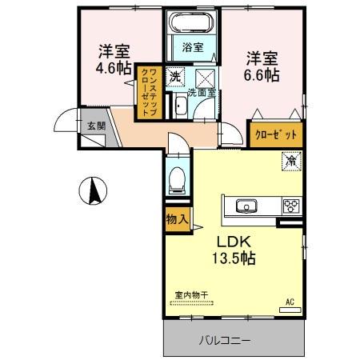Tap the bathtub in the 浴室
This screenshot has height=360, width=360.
(192, 23)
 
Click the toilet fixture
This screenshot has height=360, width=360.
(178, 178)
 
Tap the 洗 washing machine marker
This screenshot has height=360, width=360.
(174, 77)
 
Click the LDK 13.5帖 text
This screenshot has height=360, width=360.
(233, 249)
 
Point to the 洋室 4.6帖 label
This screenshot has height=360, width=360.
(113, 58)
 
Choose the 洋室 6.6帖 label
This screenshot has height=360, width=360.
(262, 66)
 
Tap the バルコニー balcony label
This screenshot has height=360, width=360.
(225, 340)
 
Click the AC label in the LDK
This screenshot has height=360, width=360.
(290, 302)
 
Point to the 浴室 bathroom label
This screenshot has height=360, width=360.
(192, 47)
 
